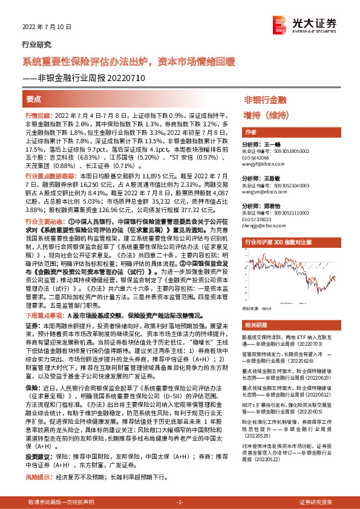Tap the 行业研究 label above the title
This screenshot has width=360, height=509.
[37, 45]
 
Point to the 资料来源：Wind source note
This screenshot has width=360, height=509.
[258, 308]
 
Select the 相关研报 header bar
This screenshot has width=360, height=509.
[255, 323]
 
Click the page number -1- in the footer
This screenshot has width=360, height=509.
[180, 502]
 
